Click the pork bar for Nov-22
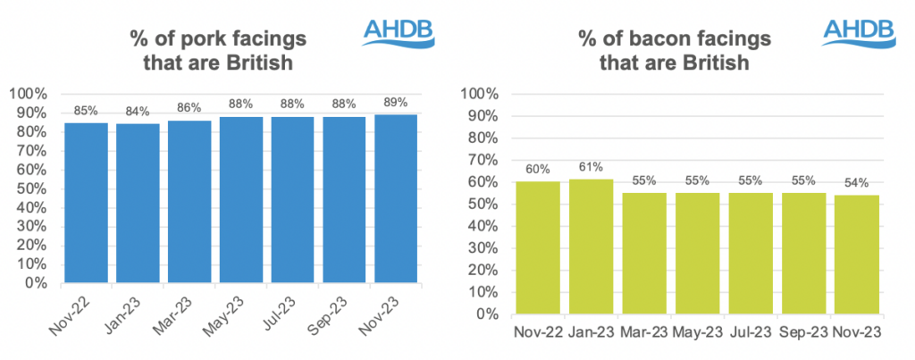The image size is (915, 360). pos(86,203)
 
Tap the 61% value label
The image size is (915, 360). pos(591,166)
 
